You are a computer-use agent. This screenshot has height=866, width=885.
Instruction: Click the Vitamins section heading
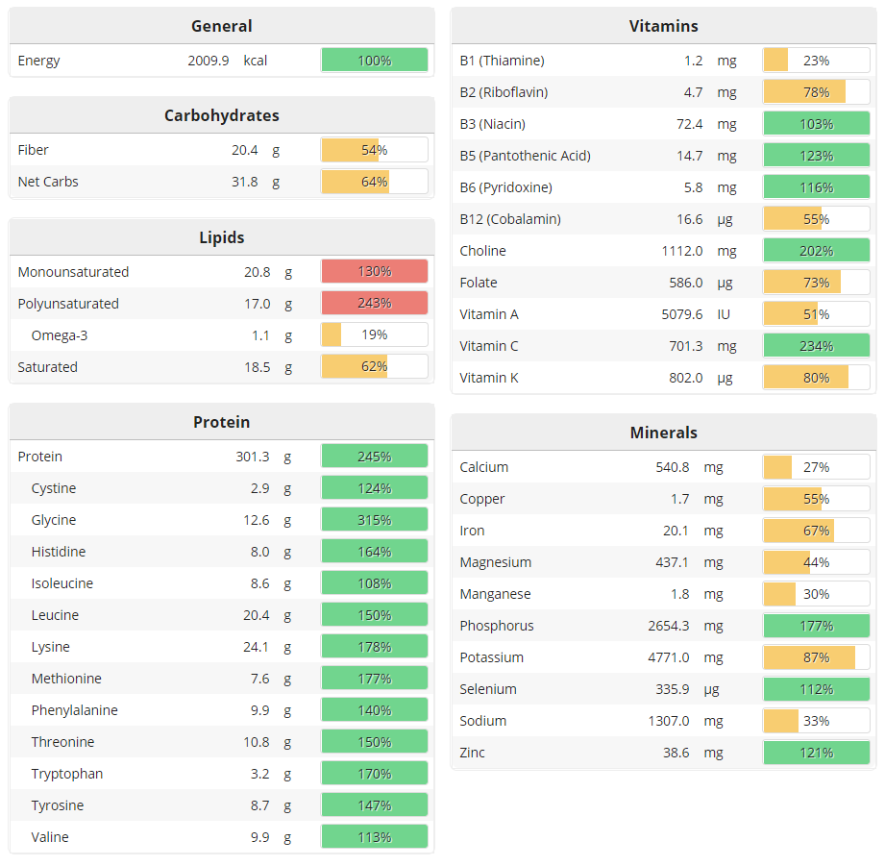663,26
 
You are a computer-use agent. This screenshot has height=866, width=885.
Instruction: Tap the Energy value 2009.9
209,61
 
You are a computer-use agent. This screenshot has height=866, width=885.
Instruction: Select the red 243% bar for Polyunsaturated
374,304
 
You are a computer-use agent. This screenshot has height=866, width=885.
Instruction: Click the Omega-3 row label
60,335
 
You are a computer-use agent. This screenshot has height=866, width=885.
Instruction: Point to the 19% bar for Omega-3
374,335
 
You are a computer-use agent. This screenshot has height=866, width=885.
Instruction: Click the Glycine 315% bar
374,520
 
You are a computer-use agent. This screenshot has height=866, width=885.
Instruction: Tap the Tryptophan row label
67,774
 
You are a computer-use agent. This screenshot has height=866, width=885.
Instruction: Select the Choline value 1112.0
681,251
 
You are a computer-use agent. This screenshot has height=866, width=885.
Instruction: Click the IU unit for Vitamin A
725,314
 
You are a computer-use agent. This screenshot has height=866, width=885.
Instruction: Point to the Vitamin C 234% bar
816,346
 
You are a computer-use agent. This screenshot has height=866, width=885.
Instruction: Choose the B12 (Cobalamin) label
510,219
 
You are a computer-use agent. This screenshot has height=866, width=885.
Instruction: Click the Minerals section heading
663,433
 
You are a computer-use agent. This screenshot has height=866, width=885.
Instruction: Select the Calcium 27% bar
816,467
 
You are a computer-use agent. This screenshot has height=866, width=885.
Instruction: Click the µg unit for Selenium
725,689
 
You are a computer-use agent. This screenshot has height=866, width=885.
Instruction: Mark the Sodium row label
483,721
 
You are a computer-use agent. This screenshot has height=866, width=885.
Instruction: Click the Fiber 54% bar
374,150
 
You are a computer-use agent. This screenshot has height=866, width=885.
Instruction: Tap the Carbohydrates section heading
221,115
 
